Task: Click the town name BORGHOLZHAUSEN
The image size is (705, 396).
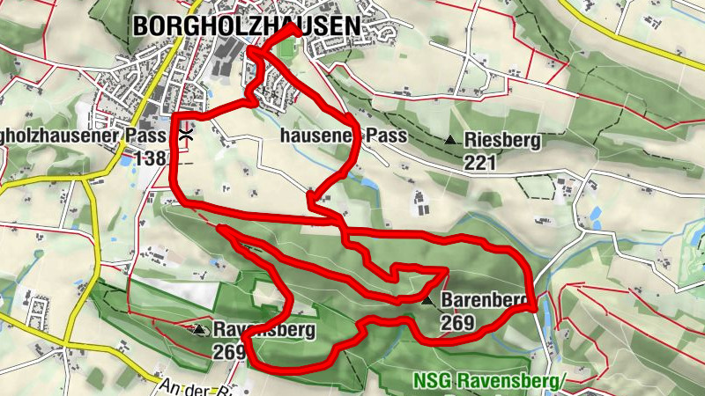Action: (x=247, y=27)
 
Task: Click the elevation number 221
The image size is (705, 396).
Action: (x=482, y=162)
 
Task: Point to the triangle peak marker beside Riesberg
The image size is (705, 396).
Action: (x=451, y=140)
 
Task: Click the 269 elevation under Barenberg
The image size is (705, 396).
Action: (x=457, y=323)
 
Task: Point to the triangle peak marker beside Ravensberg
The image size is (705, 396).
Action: (x=200, y=330)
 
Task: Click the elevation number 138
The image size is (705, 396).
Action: (x=151, y=158)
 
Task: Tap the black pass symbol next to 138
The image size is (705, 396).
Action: (x=186, y=136)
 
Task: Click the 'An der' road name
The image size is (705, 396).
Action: (x=180, y=386)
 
